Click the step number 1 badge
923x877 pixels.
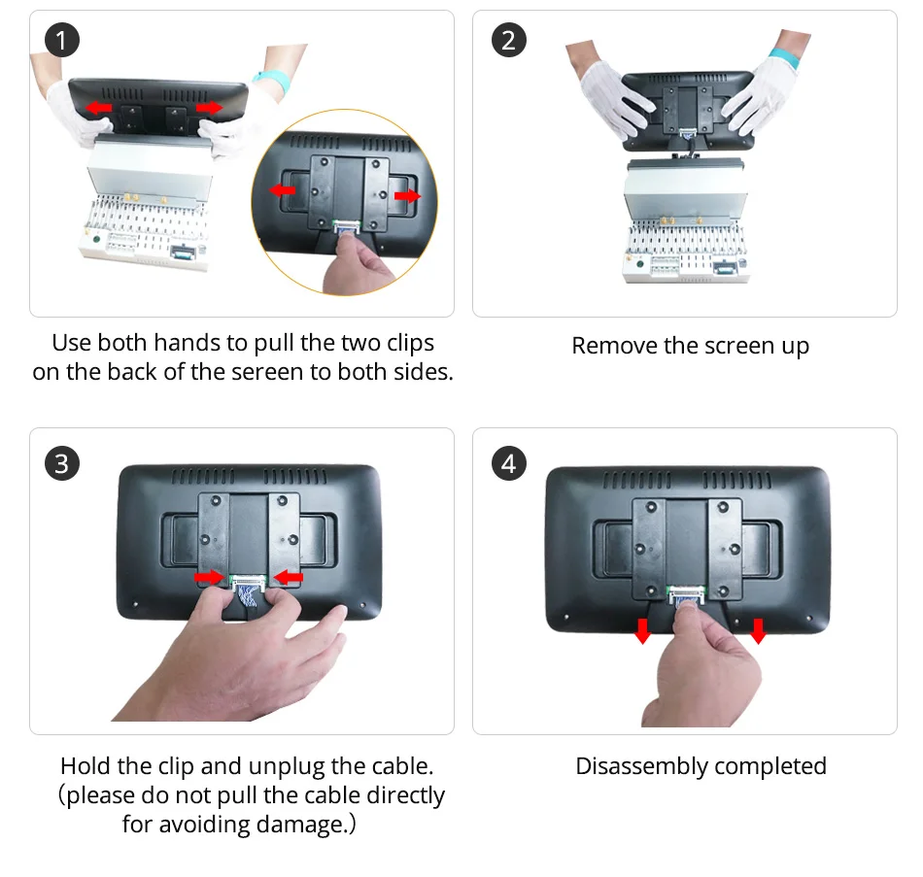coord(62,40)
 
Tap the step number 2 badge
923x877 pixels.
coord(508,40)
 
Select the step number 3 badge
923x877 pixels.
coord(62,463)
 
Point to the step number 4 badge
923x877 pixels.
coord(508,463)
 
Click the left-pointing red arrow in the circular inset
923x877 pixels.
coord(283,190)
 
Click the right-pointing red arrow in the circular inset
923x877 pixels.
coord(407,195)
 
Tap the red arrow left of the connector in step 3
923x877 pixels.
coord(209,577)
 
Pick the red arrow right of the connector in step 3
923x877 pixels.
coord(289,577)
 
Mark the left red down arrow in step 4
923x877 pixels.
coord(643,630)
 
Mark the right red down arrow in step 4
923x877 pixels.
coord(758,630)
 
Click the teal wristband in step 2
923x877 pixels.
coord(783,58)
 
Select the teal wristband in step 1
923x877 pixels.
coord(272,82)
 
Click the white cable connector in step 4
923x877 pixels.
coord(685,593)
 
